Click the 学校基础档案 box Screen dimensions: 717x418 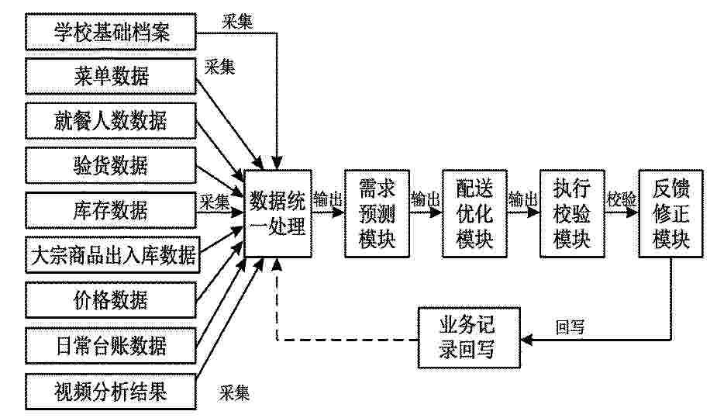point(111,32)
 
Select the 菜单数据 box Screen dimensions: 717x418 point(111,76)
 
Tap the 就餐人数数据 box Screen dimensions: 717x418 point(111,121)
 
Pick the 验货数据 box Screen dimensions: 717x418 point(111,165)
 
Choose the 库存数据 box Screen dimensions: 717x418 point(111,210)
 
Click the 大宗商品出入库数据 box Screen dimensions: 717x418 point(112,254)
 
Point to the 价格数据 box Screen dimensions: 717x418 point(111,300)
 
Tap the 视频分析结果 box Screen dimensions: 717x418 point(111,392)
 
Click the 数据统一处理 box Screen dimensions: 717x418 point(278,213)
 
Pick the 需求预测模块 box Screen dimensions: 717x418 point(377,213)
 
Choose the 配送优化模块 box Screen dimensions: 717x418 point(474,213)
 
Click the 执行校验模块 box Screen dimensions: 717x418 point(573,213)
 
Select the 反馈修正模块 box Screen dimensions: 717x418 point(670,213)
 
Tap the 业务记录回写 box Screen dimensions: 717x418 point(469,338)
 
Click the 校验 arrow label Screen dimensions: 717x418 point(622,199)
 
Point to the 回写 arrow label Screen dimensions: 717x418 point(570,326)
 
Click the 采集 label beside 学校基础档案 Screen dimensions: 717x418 point(238,22)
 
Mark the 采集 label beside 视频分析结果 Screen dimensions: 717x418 point(235,393)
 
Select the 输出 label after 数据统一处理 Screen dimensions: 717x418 point(328,199)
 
